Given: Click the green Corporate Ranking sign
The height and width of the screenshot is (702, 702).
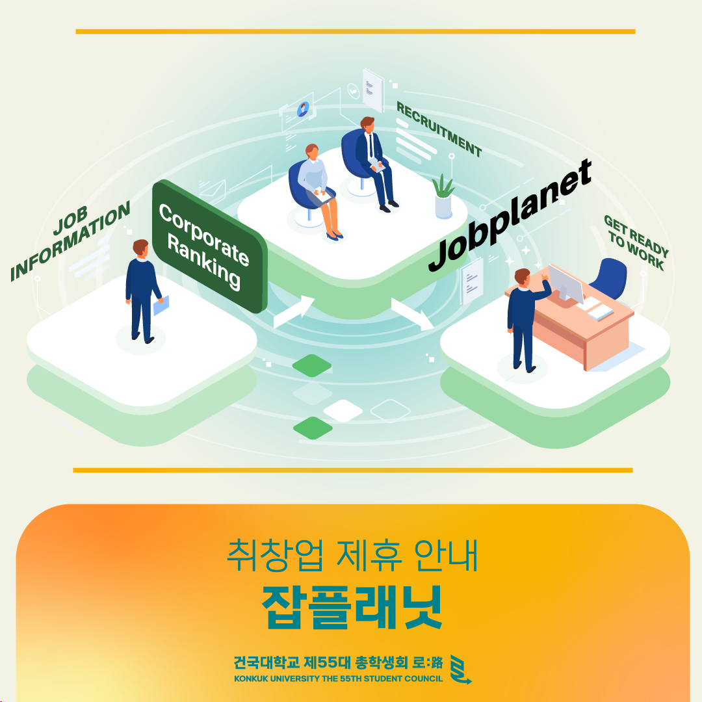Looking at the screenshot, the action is click(209, 246).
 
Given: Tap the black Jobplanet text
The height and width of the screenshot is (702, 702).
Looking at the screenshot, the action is click(510, 215).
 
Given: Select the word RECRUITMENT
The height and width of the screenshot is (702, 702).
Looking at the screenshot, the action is click(439, 129).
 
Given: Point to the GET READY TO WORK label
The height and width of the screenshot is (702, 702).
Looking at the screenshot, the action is click(636, 242).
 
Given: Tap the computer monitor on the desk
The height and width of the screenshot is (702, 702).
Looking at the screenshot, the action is click(566, 285).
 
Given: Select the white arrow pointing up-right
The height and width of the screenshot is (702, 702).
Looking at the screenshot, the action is click(294, 311).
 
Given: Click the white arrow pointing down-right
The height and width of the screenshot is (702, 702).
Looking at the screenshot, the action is click(412, 314).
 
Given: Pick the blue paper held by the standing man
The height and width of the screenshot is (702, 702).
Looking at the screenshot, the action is click(161, 305).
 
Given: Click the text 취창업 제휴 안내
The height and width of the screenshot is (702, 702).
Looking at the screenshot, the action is click(352, 555).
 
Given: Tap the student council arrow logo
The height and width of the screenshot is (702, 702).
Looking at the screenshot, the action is click(460, 669).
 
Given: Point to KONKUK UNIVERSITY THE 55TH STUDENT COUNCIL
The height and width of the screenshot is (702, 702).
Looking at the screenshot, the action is click(339, 679).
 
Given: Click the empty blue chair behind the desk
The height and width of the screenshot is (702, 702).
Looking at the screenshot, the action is click(608, 278).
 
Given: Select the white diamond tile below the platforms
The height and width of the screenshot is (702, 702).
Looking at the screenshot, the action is click(343, 411).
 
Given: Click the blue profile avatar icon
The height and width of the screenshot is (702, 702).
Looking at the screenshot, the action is click(303, 109).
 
